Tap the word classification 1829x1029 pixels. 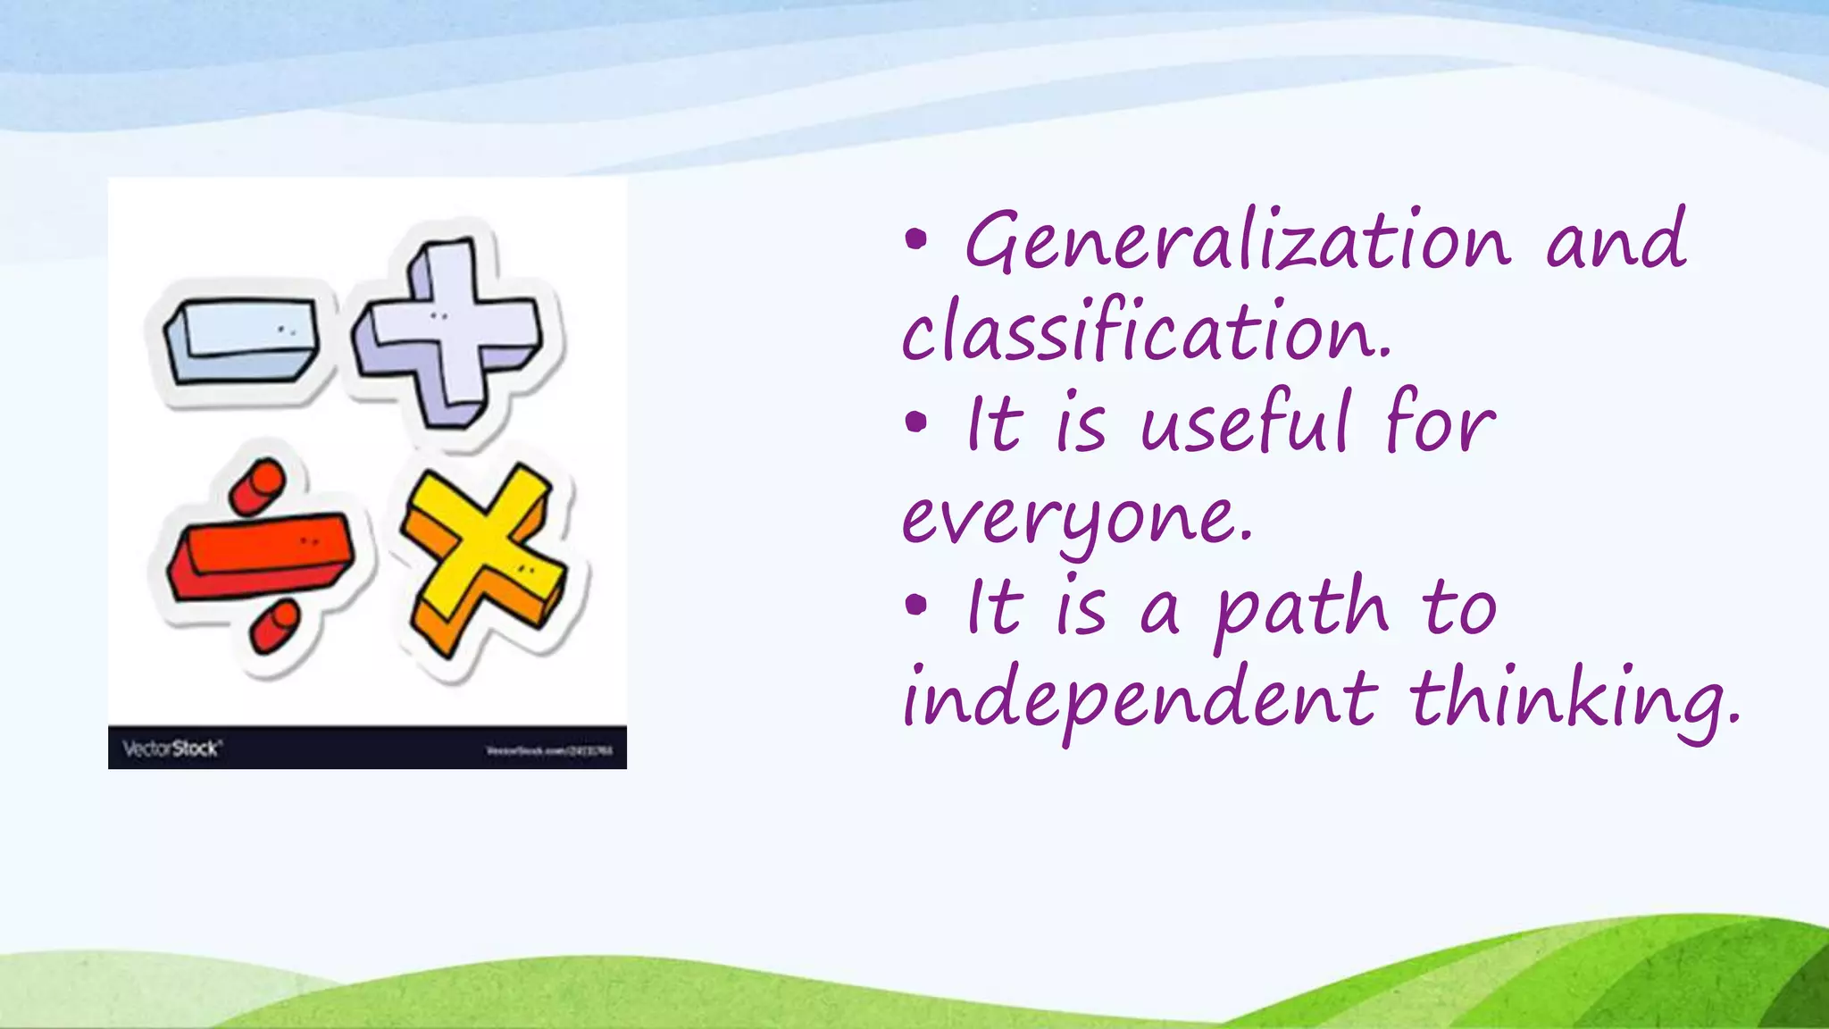point(1145,333)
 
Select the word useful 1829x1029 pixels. point(1244,424)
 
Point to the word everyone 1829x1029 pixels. point(1077,518)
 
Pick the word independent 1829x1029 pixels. point(1140,701)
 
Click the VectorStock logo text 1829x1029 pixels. point(171,749)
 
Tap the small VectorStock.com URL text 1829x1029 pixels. point(549,750)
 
